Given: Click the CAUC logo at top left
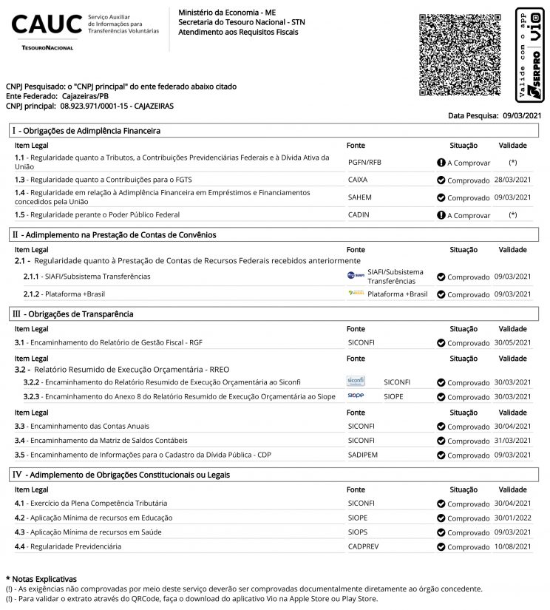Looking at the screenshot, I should [47, 27].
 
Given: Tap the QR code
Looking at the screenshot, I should [459, 54].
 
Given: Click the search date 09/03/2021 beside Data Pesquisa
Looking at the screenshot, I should [522, 115].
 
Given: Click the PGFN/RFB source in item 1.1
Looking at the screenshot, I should [364, 162].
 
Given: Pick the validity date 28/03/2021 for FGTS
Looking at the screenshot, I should [512, 180].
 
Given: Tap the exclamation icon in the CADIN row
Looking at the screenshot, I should [441, 215].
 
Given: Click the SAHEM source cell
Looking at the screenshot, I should [359, 197].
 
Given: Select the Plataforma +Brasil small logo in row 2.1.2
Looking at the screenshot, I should [356, 294].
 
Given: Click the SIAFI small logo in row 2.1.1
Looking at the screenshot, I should [356, 276].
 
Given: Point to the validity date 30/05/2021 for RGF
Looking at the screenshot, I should [512, 342].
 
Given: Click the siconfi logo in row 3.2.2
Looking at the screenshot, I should [356, 382].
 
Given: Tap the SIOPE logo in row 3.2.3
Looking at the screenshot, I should [356, 396].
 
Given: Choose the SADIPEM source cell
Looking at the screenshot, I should [363, 455].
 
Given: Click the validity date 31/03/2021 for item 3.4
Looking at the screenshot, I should [512, 440].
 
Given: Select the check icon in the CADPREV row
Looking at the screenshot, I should [441, 546].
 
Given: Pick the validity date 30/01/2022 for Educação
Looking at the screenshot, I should [512, 518].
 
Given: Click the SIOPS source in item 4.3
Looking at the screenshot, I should [358, 532].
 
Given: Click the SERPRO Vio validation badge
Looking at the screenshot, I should [531, 55].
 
